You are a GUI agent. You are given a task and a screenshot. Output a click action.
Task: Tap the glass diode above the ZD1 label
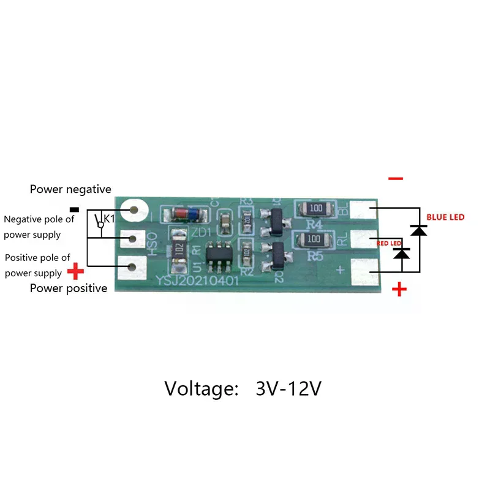point(186,214)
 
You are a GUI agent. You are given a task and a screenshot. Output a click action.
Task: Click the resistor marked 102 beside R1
point(178,251)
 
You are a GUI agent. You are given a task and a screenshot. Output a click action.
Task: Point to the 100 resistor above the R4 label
point(315,208)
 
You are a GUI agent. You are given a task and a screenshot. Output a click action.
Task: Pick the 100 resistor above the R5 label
point(313,238)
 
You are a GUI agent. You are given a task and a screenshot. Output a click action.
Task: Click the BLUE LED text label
point(445,217)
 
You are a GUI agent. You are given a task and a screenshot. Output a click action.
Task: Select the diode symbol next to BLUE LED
point(419,230)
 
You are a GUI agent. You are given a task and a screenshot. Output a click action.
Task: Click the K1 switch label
point(108,218)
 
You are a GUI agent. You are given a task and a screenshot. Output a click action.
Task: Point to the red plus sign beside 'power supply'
point(75,270)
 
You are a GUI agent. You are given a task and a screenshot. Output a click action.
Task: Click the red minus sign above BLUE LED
point(396,179)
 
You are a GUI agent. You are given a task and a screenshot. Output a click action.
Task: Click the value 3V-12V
point(288,388)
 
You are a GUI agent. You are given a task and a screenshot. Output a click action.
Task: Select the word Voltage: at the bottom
point(201,388)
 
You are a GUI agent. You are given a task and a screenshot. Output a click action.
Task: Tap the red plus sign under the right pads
point(399,288)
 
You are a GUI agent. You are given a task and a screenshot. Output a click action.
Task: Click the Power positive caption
point(69,288)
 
